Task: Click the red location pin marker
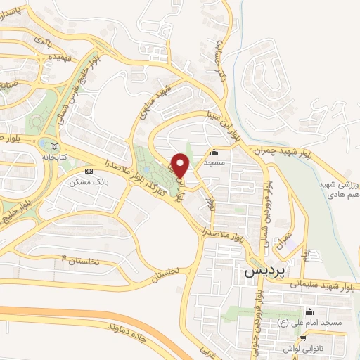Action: click(181, 165)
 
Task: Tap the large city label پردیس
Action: click(262, 271)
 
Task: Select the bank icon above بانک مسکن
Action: click(88, 171)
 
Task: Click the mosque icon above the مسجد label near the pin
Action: click(214, 151)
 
